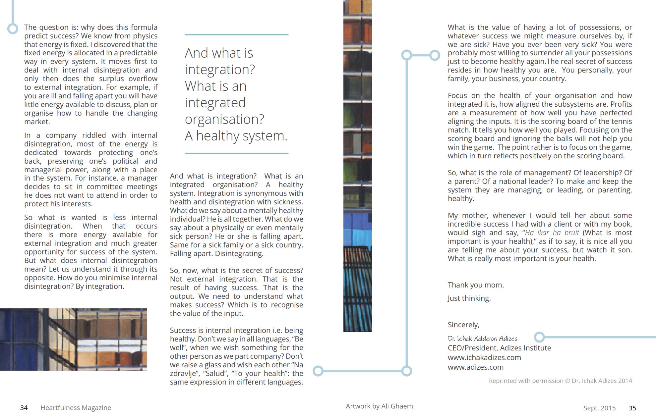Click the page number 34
pos(24,408)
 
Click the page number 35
pos(632,408)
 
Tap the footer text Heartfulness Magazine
pos(76,408)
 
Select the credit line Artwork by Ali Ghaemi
pos(380,406)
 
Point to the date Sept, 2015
pos(599,408)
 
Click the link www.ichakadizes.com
pos(484,357)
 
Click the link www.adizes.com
pos(476,367)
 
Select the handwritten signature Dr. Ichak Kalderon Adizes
pos(482,339)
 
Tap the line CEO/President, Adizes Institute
pos(499,348)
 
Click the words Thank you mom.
pos(476,285)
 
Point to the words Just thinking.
pos(469,298)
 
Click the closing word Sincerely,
pos(463,325)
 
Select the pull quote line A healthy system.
pos(236,136)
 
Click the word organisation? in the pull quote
pos(224,119)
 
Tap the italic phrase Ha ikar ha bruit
pos(552,233)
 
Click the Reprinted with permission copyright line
pos(560,381)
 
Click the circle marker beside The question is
pos(13,28)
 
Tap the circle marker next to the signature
pos(539,337)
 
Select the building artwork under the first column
pos(74,339)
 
